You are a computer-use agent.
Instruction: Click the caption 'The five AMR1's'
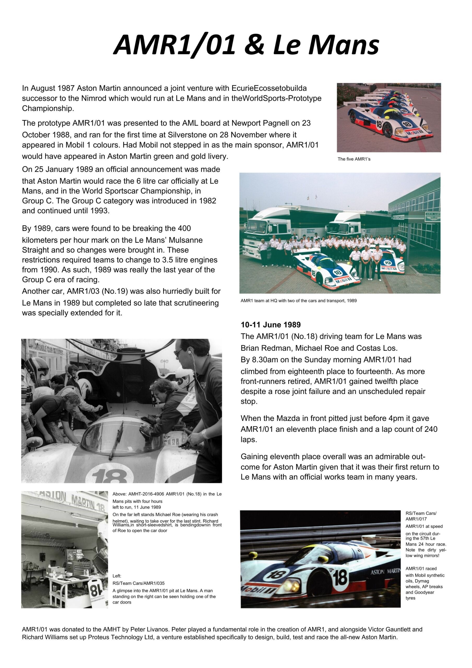(x=354, y=159)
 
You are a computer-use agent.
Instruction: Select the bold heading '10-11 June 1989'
(x=271, y=325)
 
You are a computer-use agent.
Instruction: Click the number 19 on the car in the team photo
(x=388, y=263)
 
